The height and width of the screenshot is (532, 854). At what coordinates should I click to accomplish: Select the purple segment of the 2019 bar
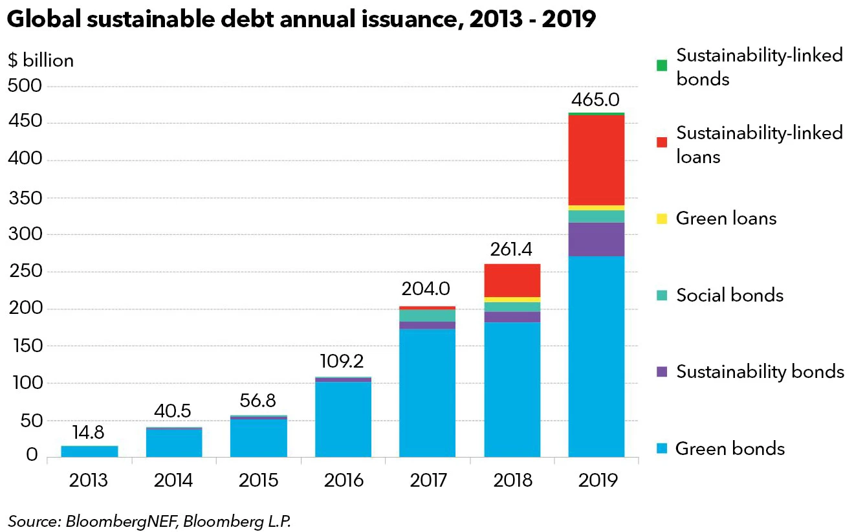coord(596,239)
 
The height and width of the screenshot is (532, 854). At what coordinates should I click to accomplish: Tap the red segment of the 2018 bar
coord(512,280)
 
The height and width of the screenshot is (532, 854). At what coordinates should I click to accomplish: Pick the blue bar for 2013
coord(89,451)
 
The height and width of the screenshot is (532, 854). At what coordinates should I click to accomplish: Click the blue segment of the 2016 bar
coord(343,419)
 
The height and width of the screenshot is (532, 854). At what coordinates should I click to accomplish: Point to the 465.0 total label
coord(596,101)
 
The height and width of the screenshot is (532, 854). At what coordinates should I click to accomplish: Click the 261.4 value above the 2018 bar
coord(512,249)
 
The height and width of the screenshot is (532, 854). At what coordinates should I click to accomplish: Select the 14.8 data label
coord(89,432)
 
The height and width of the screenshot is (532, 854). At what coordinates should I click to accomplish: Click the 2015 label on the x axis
coord(258,480)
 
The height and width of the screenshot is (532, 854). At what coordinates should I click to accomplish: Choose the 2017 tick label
coord(428,480)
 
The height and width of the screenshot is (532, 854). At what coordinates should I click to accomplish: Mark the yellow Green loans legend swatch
coord(661,219)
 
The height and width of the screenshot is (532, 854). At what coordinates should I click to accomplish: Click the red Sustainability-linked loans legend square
coord(661,142)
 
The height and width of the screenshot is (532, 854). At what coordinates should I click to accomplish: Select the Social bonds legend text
coord(730,296)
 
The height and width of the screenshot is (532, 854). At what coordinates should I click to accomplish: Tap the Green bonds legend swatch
coord(661,449)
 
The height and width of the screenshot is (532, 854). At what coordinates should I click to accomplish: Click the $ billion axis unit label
coord(41,61)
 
